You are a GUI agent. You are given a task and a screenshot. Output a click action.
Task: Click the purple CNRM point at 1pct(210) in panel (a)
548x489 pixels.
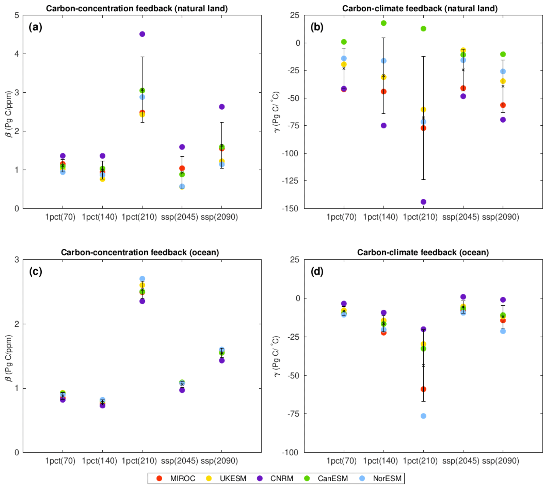(142, 34)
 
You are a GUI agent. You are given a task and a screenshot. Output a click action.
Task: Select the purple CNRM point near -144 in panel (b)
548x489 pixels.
(423, 202)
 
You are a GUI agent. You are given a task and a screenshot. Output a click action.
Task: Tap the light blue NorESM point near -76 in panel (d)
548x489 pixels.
(423, 416)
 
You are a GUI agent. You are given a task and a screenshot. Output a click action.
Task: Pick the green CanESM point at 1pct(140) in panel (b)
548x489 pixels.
(384, 23)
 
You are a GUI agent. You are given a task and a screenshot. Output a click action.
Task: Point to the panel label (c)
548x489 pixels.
(36, 272)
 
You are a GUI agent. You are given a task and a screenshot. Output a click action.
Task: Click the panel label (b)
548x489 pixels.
(317, 27)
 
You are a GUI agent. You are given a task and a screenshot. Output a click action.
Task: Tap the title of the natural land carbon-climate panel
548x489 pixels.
(420, 8)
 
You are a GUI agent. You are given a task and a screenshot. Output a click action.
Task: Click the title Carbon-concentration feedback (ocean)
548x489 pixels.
(140, 252)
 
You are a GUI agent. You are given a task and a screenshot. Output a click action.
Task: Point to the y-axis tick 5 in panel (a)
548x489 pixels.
(17, 15)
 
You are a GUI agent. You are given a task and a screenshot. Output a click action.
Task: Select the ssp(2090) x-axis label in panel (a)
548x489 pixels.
(219, 217)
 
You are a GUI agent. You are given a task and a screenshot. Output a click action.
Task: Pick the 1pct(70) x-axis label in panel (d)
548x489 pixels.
(341, 461)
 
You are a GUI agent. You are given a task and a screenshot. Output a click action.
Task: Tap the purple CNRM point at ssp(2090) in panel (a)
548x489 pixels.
(222, 107)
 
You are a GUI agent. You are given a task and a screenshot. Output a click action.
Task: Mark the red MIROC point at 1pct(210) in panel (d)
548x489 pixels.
(423, 389)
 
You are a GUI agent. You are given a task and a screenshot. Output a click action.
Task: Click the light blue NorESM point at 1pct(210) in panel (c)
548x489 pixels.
(142, 279)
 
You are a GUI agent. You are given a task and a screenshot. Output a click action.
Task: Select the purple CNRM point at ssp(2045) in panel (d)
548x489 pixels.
(463, 297)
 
